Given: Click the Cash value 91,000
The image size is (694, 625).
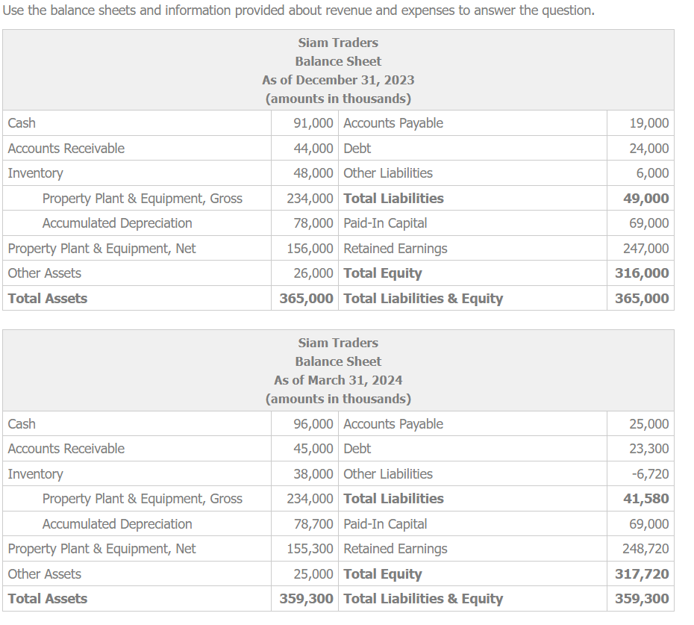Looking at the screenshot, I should pos(313,123).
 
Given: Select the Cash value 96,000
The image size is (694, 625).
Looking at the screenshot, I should pos(313,424).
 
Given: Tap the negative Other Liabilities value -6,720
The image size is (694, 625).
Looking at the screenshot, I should pos(649,474).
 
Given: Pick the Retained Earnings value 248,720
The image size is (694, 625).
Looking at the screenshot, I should pos(646,549).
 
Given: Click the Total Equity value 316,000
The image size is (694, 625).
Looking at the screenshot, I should pos(642,273).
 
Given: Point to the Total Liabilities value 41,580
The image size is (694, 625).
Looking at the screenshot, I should pos(646,499).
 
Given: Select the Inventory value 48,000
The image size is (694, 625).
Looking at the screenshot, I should pos(313,173).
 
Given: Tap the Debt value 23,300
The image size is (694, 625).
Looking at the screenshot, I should pos(649,449).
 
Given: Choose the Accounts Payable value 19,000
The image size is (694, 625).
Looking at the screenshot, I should pos(649,123).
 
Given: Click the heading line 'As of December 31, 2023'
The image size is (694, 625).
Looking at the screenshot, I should pos(338,80).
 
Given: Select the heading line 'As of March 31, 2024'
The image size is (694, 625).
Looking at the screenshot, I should pos(338,380).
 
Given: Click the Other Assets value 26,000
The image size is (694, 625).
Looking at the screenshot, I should pos(313,273).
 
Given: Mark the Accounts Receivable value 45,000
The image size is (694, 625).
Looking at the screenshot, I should pos(313,449).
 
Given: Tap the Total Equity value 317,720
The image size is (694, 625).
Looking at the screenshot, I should pos(642,574).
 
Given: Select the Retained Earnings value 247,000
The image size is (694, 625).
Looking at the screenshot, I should pos(646,249).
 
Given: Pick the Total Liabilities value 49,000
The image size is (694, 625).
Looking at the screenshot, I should pos(646,199).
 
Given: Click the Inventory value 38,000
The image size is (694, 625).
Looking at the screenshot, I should pos(313,474).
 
